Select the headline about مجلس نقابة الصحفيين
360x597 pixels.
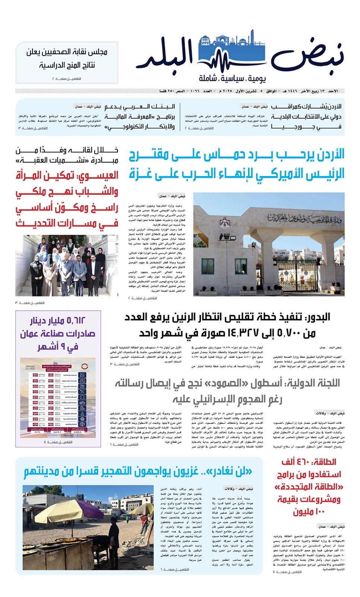click(x=67, y=58)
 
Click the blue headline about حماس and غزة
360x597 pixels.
click(x=237, y=164)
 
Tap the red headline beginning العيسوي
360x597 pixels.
click(x=67, y=199)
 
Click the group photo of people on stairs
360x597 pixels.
click(x=67, y=266)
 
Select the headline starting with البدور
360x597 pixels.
click(x=228, y=325)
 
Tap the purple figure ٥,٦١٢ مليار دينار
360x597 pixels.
click(x=58, y=321)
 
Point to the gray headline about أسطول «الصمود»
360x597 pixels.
click(x=228, y=391)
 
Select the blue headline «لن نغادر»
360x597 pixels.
click(x=138, y=472)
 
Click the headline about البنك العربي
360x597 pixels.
click(x=140, y=116)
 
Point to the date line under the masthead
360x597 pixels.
click(x=250, y=91)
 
